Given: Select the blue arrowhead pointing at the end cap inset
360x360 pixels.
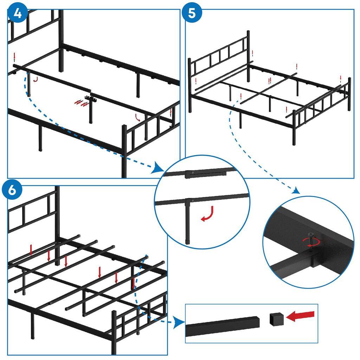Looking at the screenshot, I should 180,321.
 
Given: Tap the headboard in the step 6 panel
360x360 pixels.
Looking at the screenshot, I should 32,211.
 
